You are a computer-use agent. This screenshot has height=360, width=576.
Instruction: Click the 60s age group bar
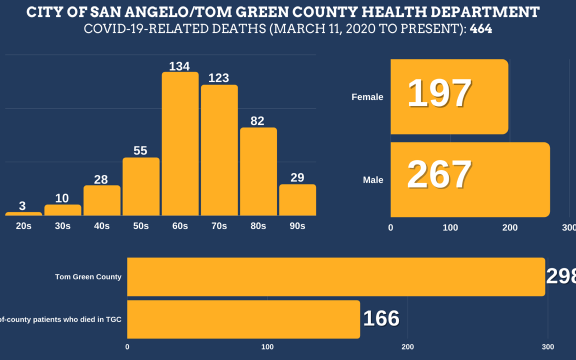[x=180, y=144]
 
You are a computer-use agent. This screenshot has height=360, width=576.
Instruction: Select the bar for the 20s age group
[x=24, y=214]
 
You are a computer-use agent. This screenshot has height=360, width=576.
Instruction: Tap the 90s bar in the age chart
[x=298, y=200]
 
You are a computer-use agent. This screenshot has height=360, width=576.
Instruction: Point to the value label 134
[x=179, y=66]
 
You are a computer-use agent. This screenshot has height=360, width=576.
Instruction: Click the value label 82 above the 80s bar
[x=257, y=121]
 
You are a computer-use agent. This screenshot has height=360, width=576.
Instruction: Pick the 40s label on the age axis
[x=102, y=226]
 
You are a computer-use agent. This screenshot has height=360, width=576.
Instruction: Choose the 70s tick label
[x=219, y=226]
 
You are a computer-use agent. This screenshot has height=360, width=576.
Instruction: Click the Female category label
[x=367, y=97]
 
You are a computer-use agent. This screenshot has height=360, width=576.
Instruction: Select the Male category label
[x=373, y=180]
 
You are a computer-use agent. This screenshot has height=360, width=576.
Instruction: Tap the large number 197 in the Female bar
[x=439, y=94]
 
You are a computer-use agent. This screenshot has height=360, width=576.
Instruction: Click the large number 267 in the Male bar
[x=439, y=175]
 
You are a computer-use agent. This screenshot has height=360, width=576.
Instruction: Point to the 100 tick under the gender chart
[x=450, y=228]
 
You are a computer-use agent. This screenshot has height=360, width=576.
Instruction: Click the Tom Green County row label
[x=88, y=277]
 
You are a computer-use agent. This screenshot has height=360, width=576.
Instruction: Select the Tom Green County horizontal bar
[x=336, y=277]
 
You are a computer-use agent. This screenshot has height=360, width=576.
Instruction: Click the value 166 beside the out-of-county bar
[x=381, y=319]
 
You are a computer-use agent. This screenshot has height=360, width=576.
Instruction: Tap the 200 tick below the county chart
[x=408, y=347]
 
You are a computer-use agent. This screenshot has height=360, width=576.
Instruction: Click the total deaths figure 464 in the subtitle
[x=481, y=29]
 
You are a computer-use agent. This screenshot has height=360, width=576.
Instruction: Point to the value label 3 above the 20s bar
[x=22, y=206]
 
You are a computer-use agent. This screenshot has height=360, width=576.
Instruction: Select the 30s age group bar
[x=63, y=210]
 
